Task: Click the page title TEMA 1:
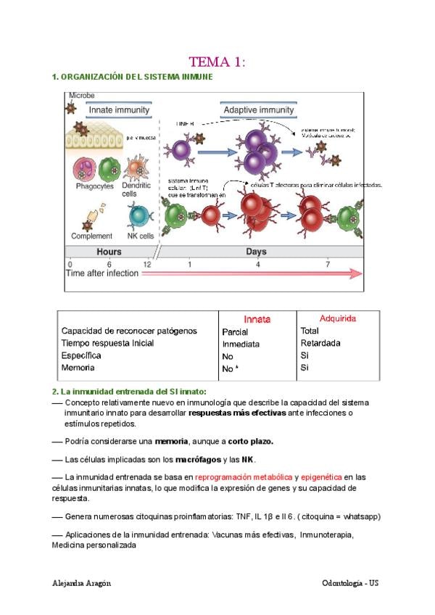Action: (x=217, y=62)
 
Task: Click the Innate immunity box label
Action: (x=119, y=110)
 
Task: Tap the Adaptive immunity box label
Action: (x=259, y=110)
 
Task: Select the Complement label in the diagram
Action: (x=92, y=236)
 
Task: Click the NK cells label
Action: (x=141, y=236)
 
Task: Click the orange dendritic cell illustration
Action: (x=136, y=168)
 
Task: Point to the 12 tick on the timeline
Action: (x=147, y=264)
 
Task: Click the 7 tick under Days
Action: (x=328, y=264)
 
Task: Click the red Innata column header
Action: (x=257, y=319)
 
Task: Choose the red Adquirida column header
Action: (x=338, y=318)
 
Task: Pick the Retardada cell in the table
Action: (x=320, y=344)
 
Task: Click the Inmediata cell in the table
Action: (x=241, y=344)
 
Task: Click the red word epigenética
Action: (x=322, y=476)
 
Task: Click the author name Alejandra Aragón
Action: (x=82, y=584)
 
